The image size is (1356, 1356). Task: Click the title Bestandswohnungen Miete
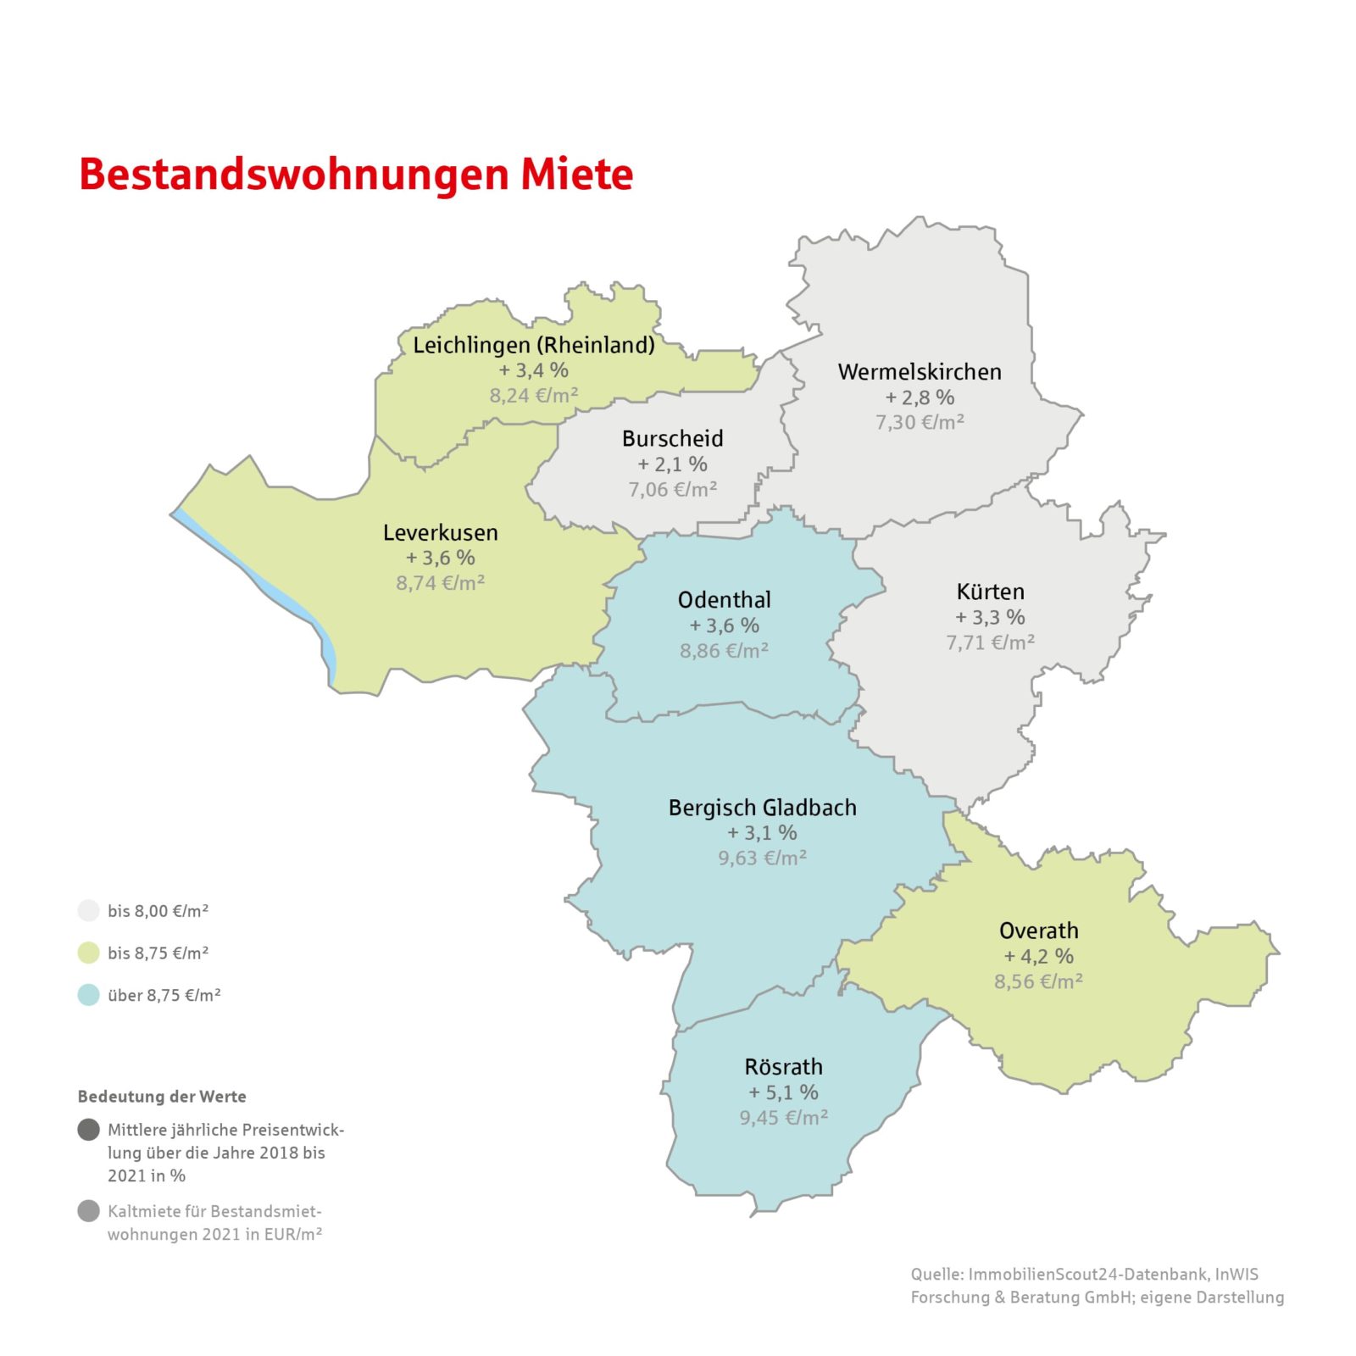pyautogui.click(x=356, y=174)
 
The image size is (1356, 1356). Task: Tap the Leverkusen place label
pyautogui.click(x=441, y=532)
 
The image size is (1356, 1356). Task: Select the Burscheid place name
pyautogui.click(x=673, y=438)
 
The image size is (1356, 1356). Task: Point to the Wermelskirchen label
pyautogui.click(x=920, y=371)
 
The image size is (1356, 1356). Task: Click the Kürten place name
pyautogui.click(x=991, y=592)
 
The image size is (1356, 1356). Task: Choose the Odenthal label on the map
pyautogui.click(x=725, y=600)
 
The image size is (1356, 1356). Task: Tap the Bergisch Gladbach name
pyautogui.click(x=763, y=808)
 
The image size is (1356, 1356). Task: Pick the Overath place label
pyautogui.click(x=1039, y=931)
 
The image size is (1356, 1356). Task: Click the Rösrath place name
pyautogui.click(x=784, y=1067)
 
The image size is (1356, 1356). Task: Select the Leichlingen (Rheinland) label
pyautogui.click(x=534, y=345)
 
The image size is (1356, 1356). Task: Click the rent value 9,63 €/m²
pyautogui.click(x=763, y=858)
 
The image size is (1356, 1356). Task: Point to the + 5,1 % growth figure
pyautogui.click(x=784, y=1092)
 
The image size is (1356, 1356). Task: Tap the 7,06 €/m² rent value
pyautogui.click(x=673, y=489)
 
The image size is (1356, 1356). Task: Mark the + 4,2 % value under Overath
pyautogui.click(x=1039, y=956)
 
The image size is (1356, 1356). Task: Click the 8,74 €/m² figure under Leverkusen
pyautogui.click(x=441, y=583)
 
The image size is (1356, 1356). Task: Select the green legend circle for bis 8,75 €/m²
pyautogui.click(x=89, y=953)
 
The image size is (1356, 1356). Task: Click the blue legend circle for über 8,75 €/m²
pyautogui.click(x=89, y=995)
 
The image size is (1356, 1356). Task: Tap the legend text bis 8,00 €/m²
pyautogui.click(x=158, y=911)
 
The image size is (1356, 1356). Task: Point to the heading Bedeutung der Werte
pyautogui.click(x=162, y=1097)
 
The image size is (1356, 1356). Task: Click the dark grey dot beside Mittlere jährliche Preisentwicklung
pyautogui.click(x=89, y=1130)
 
